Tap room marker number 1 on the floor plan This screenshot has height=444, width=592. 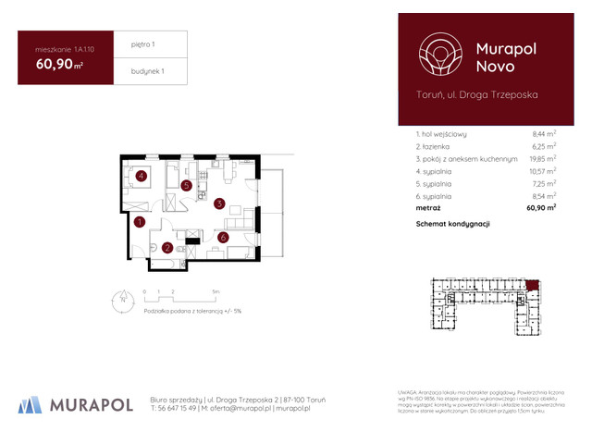coord(139,222)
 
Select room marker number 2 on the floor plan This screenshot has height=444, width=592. coord(166,247)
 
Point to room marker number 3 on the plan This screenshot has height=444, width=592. coord(219,203)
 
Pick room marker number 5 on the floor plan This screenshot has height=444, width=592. coord(187,186)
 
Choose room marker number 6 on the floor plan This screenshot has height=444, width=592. coord(223,238)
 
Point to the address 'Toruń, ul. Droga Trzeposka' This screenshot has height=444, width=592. coord(476,94)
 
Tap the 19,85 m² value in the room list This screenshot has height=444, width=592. coord(542,159)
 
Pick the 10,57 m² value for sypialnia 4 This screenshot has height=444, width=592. coord(542,172)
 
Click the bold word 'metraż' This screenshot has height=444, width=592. coord(430,209)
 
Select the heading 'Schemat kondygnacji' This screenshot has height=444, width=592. coord(452,225)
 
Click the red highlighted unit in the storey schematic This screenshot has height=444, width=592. coord(531,284)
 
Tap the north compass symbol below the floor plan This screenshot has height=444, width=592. coord(122,298)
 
